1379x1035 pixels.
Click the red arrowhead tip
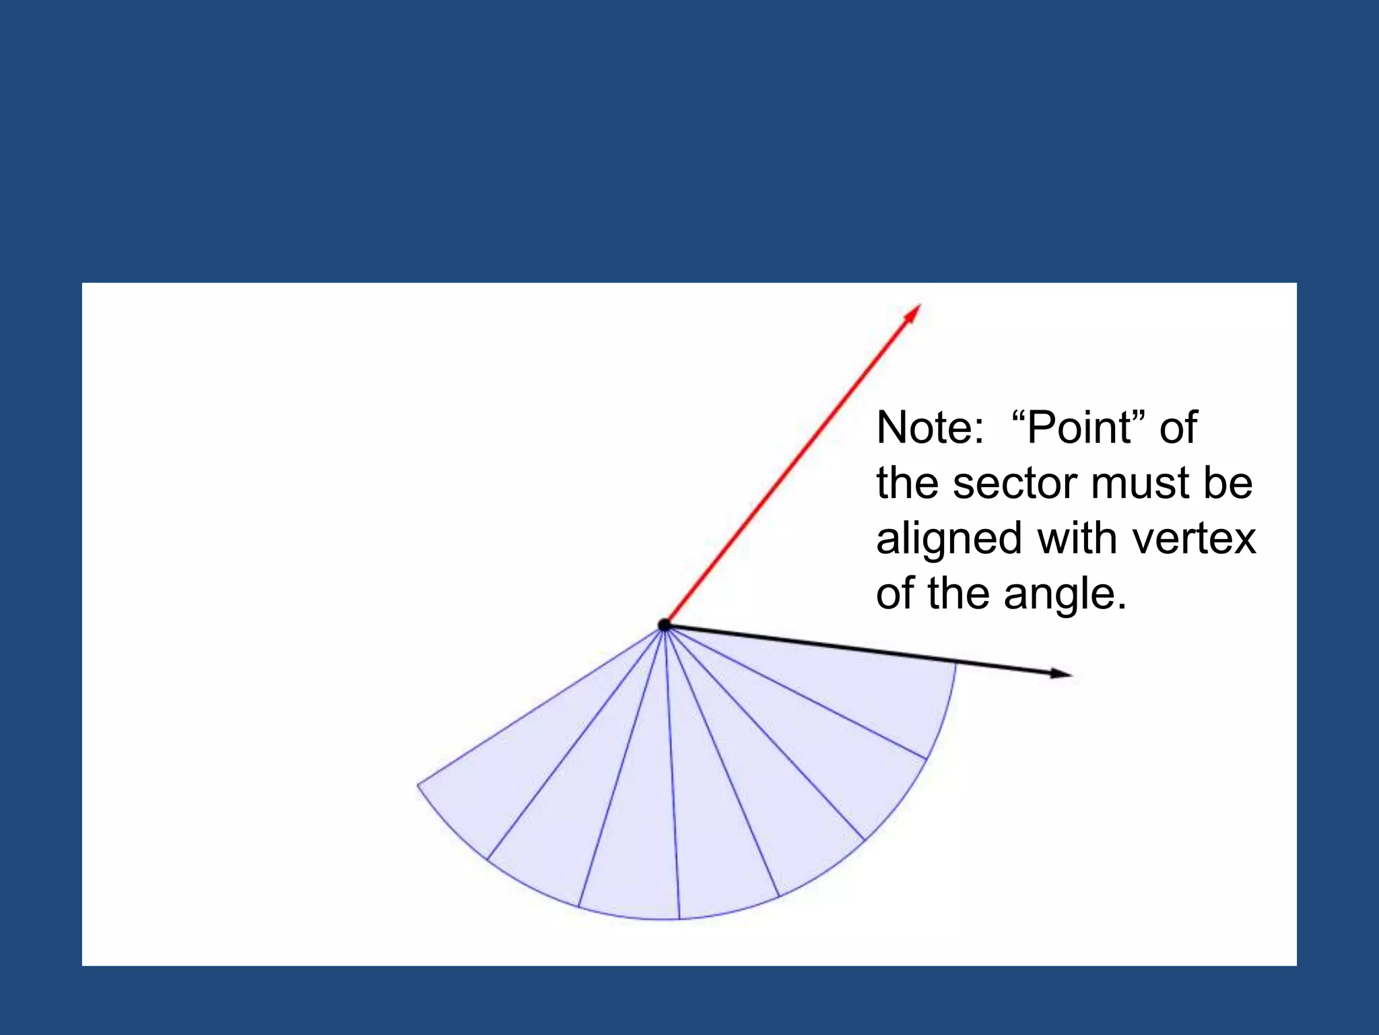pos(919,306)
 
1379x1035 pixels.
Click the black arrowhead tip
pos(1071,675)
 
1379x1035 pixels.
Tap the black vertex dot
pos(665,625)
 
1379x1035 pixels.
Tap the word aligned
pos(949,539)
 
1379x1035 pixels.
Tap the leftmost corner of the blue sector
pos(418,785)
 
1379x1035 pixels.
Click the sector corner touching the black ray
pos(955,664)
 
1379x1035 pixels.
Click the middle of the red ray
pos(792,466)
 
